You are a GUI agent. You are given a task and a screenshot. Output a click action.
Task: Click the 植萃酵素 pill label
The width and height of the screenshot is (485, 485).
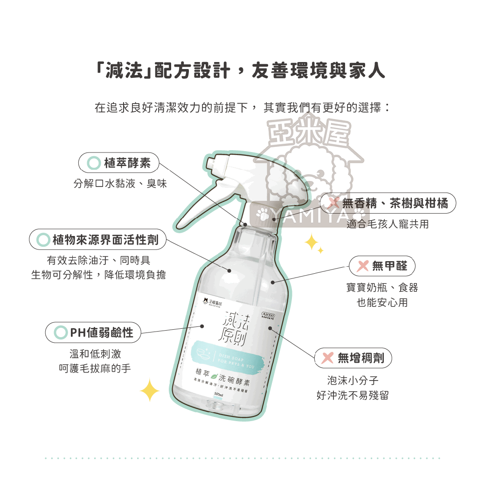click(119, 163)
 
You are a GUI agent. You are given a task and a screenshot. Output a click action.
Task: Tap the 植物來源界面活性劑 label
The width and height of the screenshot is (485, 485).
click(98, 240)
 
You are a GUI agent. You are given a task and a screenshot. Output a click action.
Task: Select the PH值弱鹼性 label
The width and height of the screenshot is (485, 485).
click(93, 333)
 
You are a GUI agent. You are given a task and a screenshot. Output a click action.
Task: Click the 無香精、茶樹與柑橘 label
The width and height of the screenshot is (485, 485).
click(388, 203)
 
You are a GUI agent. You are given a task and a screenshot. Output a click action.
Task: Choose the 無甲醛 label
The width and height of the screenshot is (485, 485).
click(382, 266)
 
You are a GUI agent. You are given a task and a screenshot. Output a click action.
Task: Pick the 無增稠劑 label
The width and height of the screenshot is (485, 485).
click(353, 358)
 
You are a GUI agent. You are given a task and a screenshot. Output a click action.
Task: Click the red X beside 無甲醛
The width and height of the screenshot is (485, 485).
click(362, 266)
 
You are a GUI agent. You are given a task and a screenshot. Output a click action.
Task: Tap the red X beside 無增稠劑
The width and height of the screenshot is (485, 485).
click(328, 358)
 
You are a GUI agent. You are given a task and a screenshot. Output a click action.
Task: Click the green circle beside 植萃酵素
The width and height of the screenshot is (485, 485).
click(94, 163)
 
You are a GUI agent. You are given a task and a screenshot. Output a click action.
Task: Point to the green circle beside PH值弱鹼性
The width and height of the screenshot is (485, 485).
click(61, 333)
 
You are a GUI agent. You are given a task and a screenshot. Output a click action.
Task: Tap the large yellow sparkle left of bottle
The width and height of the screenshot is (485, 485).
click(150, 390)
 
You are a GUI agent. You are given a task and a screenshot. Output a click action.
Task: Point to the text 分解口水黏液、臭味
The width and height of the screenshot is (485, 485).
click(120, 184)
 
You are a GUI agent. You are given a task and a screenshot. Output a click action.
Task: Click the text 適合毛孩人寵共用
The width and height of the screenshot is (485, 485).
click(387, 224)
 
